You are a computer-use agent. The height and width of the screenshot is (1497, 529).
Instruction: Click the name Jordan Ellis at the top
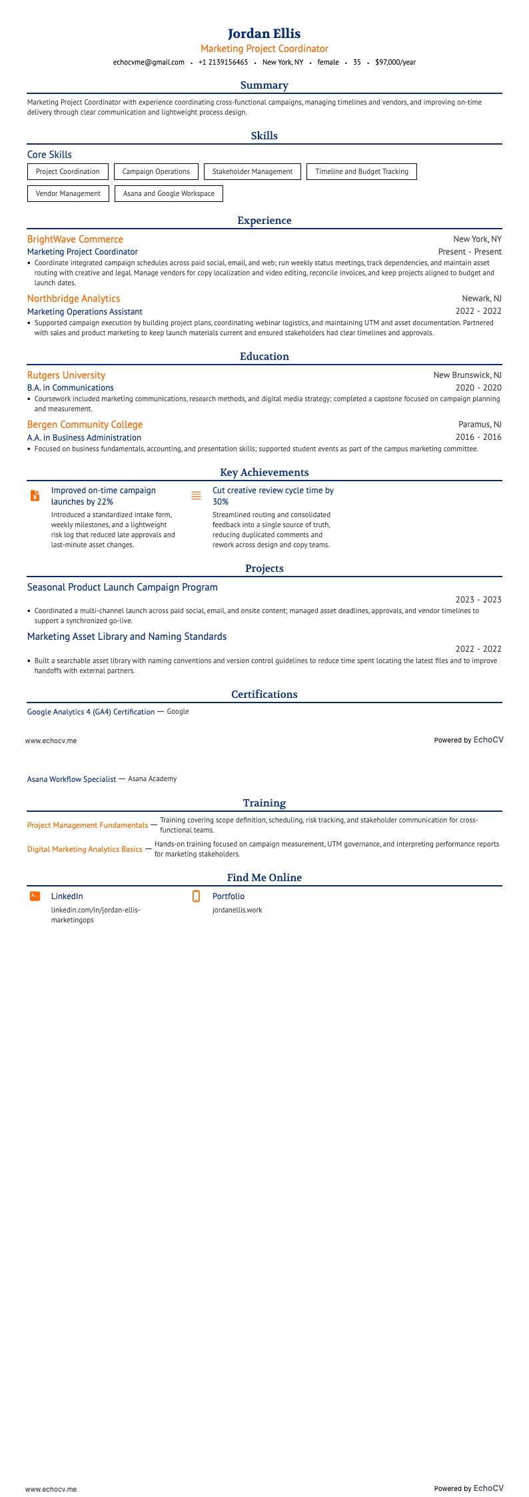tap(264, 33)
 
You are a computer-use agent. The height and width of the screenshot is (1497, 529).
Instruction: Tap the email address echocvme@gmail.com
tap(149, 62)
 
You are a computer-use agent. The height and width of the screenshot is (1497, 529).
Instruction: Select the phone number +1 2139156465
tap(223, 62)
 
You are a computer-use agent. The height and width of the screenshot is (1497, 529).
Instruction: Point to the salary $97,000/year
tap(395, 62)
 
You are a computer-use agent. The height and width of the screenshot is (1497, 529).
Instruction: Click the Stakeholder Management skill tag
tap(252, 172)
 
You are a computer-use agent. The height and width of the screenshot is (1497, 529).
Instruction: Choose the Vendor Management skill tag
tap(67, 194)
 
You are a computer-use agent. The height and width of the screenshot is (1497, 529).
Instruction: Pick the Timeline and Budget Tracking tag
tap(361, 172)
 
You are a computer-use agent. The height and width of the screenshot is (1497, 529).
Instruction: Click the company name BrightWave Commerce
tap(75, 239)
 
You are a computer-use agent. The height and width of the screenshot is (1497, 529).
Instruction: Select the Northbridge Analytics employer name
tap(73, 299)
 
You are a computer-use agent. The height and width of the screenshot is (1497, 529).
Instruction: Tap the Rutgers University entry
tap(66, 375)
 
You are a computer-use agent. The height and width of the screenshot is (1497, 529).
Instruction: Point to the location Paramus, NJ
tap(480, 425)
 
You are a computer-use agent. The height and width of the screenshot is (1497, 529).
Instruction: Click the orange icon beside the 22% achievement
tap(35, 496)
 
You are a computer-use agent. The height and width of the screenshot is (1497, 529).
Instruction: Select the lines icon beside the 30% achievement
tap(196, 496)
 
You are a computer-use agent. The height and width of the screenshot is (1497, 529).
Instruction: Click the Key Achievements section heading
tap(264, 473)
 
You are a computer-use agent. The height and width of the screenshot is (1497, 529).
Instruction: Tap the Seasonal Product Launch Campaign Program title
tap(122, 587)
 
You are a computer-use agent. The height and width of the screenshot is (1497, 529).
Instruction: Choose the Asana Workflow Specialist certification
tap(71, 778)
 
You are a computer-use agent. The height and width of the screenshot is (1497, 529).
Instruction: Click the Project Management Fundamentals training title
tap(87, 825)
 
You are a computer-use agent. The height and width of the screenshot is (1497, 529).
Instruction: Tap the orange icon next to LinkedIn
tap(35, 896)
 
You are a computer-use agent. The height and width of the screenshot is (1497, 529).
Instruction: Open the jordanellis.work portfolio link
tap(237, 910)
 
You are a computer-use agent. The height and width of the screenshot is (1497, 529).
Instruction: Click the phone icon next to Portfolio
tap(196, 896)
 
